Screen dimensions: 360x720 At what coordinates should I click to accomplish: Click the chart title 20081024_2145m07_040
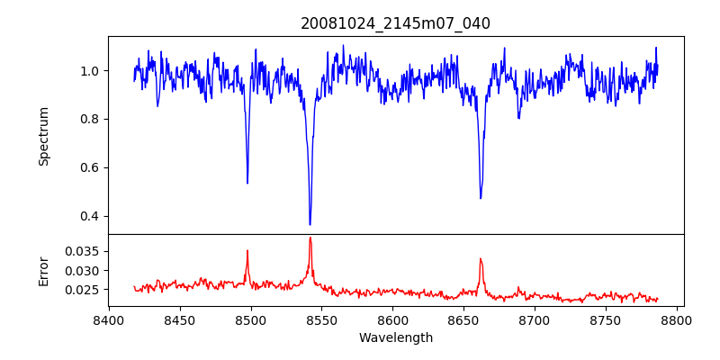[395, 23]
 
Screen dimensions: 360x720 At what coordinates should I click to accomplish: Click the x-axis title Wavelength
[395, 337]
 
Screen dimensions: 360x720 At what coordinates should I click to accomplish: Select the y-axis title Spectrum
[43, 136]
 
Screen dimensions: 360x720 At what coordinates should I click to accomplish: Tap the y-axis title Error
[43, 270]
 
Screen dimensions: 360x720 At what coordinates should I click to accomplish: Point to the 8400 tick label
[109, 319]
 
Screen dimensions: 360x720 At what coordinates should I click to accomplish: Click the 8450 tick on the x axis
[180, 319]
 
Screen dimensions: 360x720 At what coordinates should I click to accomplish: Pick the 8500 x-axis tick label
[250, 319]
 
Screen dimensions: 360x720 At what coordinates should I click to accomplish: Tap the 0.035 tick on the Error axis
[84, 251]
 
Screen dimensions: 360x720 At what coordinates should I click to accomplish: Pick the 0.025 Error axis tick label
[84, 290]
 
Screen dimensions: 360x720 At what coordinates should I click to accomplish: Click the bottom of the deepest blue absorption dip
[310, 224]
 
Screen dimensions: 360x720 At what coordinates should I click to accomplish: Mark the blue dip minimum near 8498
[247, 183]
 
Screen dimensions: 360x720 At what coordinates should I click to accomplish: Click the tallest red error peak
[310, 238]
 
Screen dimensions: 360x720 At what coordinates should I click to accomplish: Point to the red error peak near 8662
[481, 259]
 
